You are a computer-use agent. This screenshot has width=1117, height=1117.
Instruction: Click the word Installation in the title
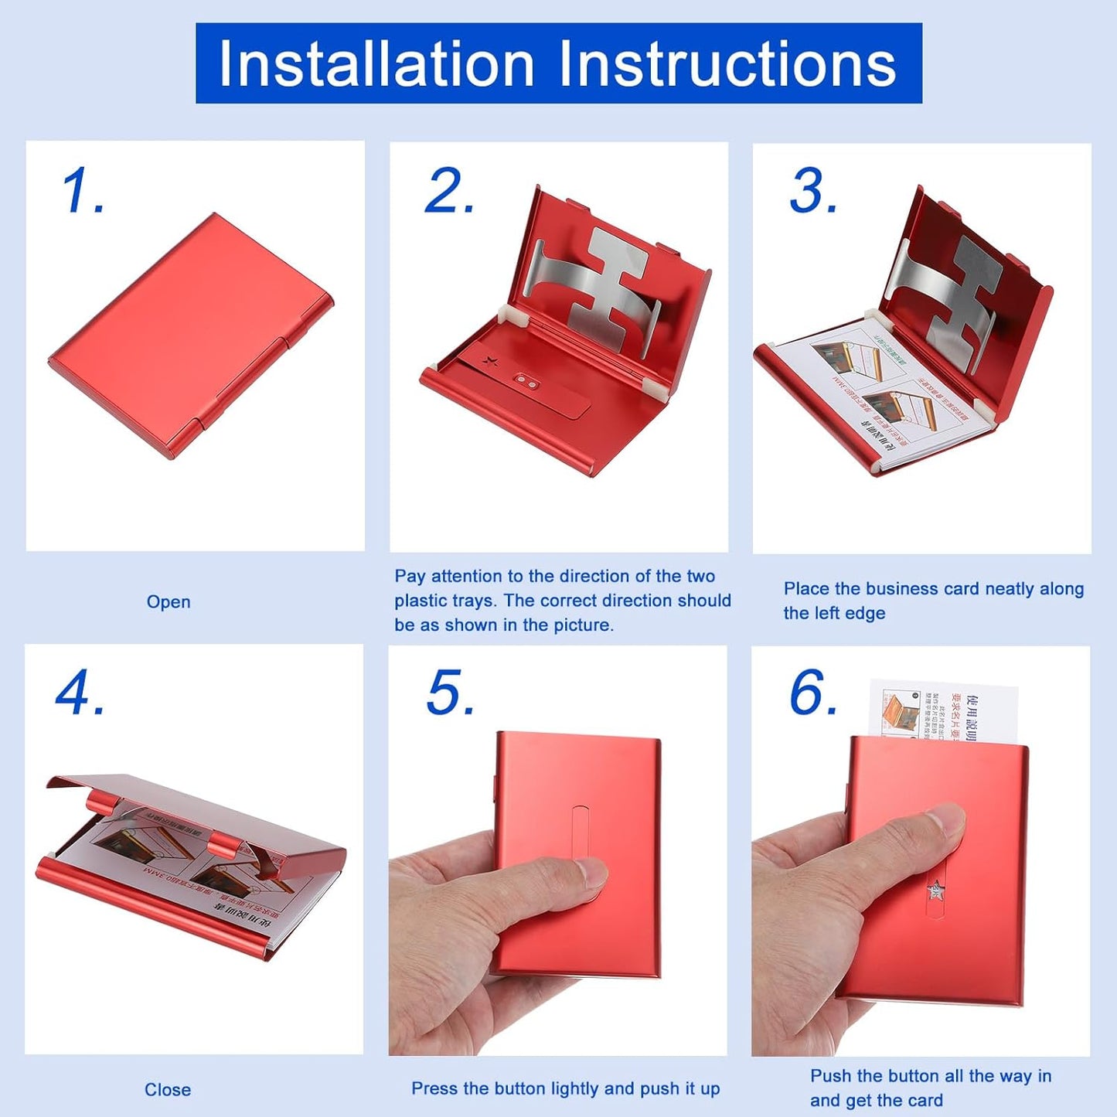tap(376, 63)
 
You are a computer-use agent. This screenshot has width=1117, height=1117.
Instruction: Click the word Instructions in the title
tap(727, 63)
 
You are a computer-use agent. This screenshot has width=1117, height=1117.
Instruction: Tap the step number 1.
tap(80, 191)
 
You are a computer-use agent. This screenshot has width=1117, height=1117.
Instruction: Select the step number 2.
tap(448, 191)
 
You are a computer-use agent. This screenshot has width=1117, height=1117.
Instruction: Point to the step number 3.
tap(812, 191)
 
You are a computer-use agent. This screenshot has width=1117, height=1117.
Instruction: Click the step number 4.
tap(78, 693)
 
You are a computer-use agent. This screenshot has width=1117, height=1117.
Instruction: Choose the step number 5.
tap(449, 693)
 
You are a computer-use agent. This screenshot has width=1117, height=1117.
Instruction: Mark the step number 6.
tap(812, 693)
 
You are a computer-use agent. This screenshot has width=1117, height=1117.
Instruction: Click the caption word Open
tap(169, 602)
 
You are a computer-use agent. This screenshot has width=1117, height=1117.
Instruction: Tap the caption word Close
tap(168, 1090)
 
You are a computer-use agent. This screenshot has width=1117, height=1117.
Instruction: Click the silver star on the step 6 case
tap(936, 891)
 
